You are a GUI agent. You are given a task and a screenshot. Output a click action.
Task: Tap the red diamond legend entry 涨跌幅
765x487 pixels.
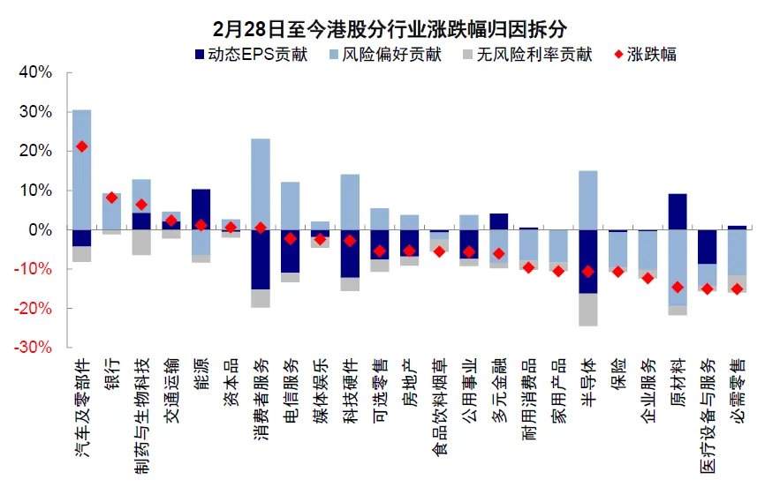[x=645, y=55]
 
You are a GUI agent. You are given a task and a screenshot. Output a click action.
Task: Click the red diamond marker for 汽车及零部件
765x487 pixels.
[x=81, y=146]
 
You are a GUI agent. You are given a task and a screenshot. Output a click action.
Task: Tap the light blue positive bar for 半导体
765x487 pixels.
[x=587, y=199]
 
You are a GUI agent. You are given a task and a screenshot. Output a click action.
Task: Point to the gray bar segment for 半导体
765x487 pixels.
[x=587, y=309]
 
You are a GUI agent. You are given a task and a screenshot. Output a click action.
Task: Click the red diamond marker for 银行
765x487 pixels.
[x=111, y=198]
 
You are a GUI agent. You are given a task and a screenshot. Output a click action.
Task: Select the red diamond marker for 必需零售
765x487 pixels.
[x=737, y=288]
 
